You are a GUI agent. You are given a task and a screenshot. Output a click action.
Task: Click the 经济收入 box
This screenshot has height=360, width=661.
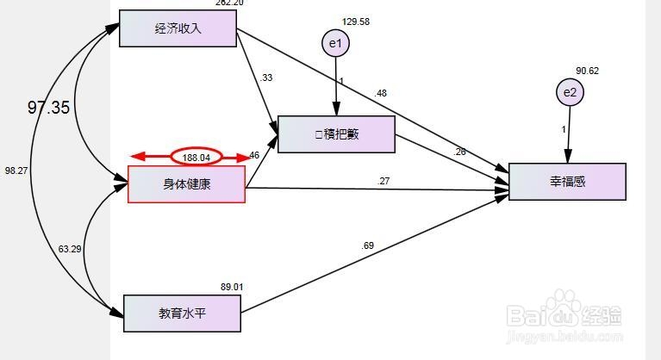pos(178,28)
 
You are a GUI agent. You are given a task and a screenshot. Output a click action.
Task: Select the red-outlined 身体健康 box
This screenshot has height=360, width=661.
pos(186,183)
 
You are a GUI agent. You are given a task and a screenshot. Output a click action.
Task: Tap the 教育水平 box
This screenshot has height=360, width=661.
pos(182,313)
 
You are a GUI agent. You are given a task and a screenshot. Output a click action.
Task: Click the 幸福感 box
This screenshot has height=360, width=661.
pos(566,181)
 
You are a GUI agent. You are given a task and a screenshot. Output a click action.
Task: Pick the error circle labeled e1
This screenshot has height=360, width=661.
pos(335,43)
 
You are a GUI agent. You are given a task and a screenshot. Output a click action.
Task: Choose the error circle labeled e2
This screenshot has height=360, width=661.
pos(569,92)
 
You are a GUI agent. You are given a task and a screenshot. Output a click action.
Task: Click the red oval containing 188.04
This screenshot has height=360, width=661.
pos(196,157)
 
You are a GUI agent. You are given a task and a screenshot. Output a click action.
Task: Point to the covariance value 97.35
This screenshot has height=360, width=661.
pos(48,108)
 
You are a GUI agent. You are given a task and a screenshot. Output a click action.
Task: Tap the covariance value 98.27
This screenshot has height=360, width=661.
pos(16,171)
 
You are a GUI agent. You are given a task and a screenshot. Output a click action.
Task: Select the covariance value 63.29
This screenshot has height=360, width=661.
pos(70,249)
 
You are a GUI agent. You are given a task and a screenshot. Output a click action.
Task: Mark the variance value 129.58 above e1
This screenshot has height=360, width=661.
pos(355,22)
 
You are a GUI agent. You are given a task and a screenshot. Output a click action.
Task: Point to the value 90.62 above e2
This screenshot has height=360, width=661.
pos(589,71)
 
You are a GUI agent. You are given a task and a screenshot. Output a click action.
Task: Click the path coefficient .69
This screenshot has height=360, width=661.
pos(368,246)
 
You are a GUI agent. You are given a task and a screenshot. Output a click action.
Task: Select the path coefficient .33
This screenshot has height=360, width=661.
pos(266,78)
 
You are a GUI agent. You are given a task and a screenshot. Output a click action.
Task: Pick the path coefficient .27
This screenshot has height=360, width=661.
pos(384,180)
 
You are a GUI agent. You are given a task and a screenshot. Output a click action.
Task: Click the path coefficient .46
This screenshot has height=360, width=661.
pos(253,156)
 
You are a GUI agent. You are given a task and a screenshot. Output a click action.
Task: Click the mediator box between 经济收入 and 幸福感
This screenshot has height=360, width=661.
pos(336,134)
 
